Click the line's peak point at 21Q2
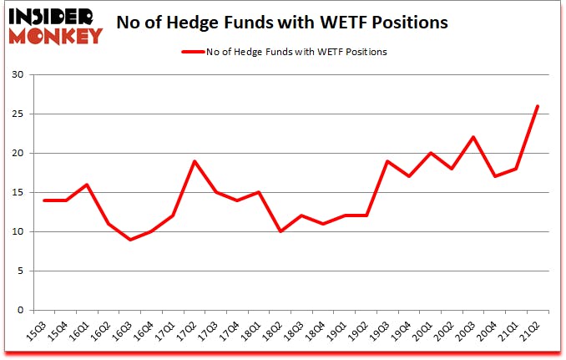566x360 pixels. pyautogui.click(x=537, y=106)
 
